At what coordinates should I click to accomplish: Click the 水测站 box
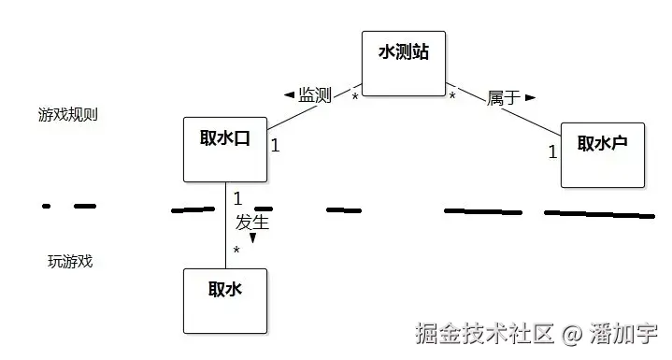403,63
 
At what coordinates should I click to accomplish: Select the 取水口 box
225,149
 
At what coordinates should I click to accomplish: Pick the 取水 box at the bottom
225,300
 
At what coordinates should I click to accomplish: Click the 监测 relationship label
315,95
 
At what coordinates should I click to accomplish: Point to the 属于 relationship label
503,97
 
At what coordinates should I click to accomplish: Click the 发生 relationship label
252,223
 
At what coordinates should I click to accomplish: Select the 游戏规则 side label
68,115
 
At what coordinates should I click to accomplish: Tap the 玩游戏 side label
70,261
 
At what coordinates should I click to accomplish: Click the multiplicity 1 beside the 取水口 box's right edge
275,145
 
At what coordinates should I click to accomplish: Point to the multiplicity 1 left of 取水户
552,151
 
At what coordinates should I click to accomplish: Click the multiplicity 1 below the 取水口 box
237,198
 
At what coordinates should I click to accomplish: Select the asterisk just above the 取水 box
236,252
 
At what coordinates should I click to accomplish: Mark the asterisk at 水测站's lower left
355,97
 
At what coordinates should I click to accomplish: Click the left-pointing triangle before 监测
289,94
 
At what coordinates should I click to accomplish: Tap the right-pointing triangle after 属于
530,96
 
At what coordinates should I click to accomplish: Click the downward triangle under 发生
252,238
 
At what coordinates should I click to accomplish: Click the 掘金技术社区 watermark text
485,333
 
